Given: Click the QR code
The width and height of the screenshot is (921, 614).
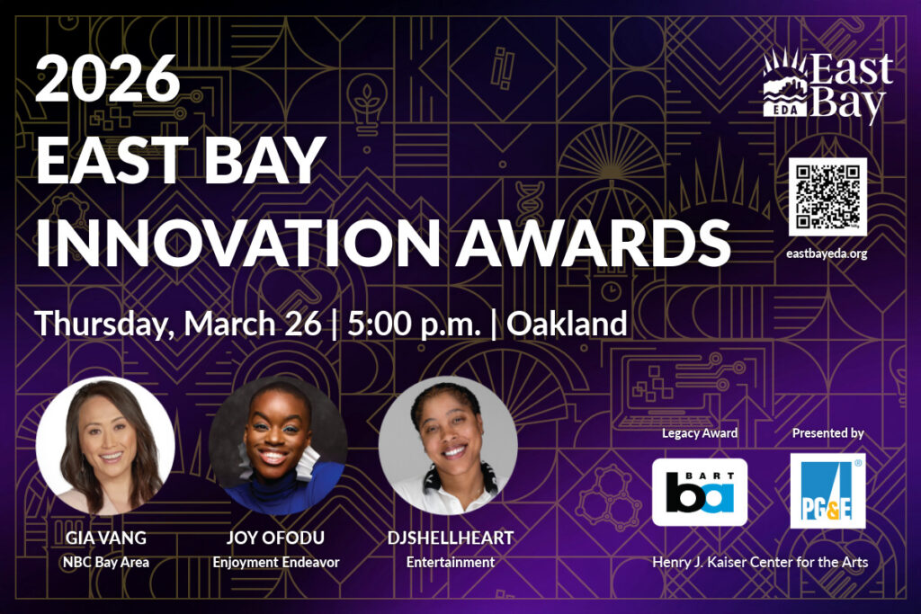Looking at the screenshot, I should [827, 197].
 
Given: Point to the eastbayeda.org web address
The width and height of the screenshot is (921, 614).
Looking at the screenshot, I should [827, 254].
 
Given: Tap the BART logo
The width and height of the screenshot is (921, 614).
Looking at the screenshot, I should [700, 492].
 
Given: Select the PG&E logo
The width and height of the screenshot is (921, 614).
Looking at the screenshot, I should [827, 491].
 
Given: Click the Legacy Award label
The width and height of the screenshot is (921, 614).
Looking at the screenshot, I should [700, 433].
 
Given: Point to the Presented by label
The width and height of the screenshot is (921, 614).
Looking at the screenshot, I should [827, 433].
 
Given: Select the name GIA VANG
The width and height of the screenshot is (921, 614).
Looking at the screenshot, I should [105, 538].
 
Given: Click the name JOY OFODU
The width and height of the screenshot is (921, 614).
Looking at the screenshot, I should [276, 538].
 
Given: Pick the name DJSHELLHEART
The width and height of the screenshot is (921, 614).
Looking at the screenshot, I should [450, 538].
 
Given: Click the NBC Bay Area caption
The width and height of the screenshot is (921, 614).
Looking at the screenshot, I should [105, 562].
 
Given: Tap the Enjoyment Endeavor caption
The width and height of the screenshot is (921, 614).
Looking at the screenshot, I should [276, 562].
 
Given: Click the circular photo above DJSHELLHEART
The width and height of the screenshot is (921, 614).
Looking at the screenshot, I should [448, 446].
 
